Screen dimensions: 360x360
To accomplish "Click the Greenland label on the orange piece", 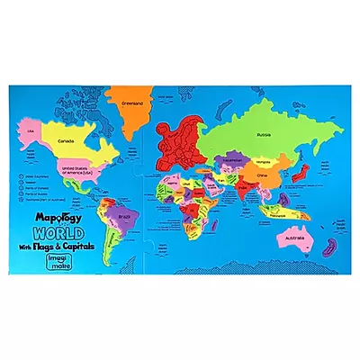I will [131, 103].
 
